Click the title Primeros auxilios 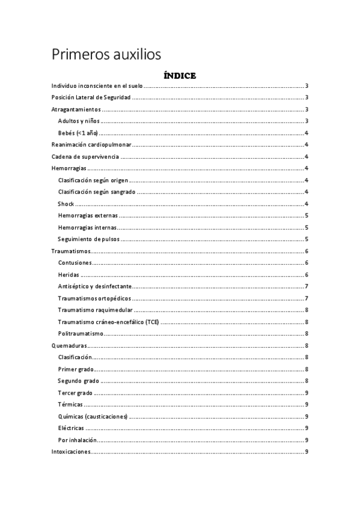[106, 55]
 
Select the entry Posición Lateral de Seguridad [91, 97]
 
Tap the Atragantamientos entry [76, 109]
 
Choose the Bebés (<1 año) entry [78, 133]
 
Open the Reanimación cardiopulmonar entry [91, 144]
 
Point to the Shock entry [66, 203]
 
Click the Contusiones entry [75, 262]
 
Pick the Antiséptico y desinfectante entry [95, 286]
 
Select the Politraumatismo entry [81, 333]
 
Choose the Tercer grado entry [75, 392]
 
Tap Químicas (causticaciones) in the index [93, 416]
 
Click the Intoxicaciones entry [72, 451]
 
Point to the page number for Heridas [307, 274]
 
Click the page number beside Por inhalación [307, 440]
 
